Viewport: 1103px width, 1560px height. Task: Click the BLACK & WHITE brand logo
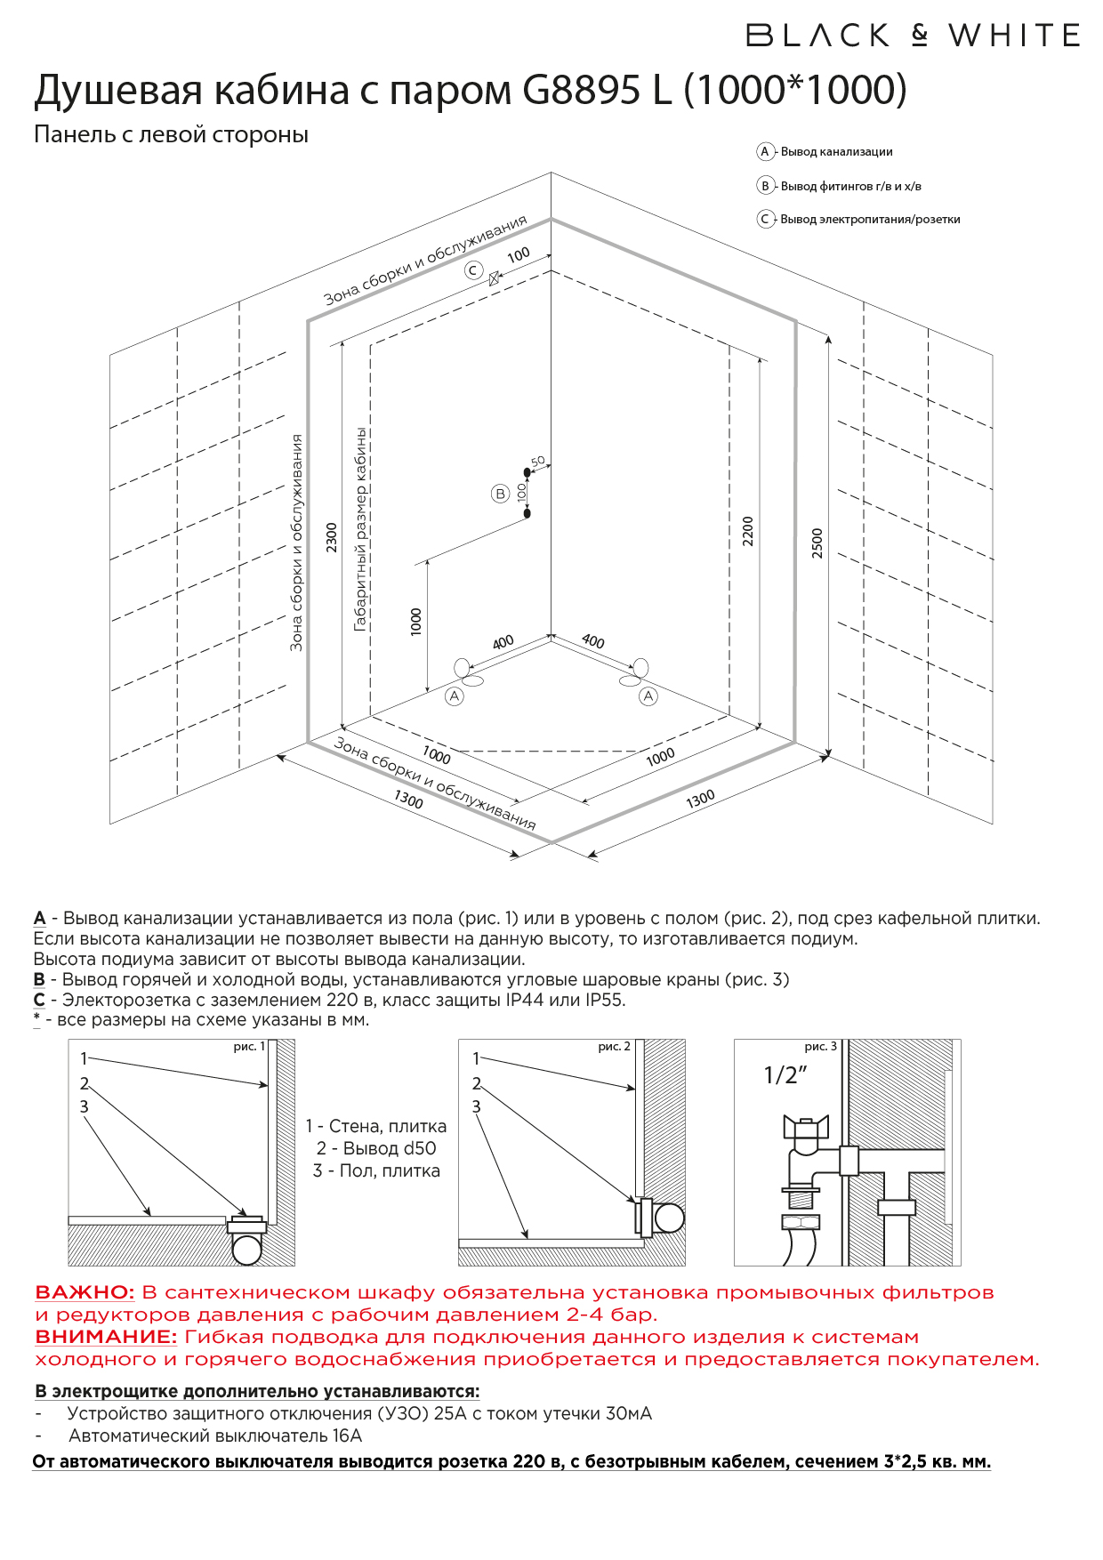pyautogui.click(x=913, y=36)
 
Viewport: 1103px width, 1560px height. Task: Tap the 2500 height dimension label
pyautogui.click(x=817, y=543)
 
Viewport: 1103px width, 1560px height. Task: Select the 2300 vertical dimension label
pyautogui.click(x=332, y=537)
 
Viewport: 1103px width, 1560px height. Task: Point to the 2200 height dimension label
pyautogui.click(x=747, y=532)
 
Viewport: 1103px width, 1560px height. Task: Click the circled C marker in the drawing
pyautogui.click(x=473, y=270)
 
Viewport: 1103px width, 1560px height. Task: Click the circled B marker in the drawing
pyautogui.click(x=500, y=494)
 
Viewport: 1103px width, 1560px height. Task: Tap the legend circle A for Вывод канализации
pyautogui.click(x=764, y=152)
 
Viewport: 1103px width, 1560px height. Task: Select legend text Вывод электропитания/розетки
pyautogui.click(x=869, y=220)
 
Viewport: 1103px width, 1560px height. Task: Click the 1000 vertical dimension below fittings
pyautogui.click(x=415, y=621)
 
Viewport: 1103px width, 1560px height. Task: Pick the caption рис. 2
pyautogui.click(x=614, y=1047)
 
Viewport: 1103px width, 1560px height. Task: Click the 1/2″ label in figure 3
pyautogui.click(x=785, y=1075)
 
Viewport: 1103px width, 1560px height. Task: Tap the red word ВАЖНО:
pyautogui.click(x=85, y=1292)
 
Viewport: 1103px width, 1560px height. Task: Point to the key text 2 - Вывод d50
pyautogui.click(x=376, y=1148)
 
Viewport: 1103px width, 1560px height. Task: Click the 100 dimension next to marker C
pyautogui.click(x=519, y=254)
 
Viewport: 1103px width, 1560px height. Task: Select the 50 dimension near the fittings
pyautogui.click(x=537, y=462)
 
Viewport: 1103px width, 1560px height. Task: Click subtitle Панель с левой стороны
pyautogui.click(x=171, y=134)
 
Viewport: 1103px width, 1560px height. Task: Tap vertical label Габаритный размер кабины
pyautogui.click(x=360, y=529)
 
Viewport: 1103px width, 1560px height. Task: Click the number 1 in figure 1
pyautogui.click(x=84, y=1058)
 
